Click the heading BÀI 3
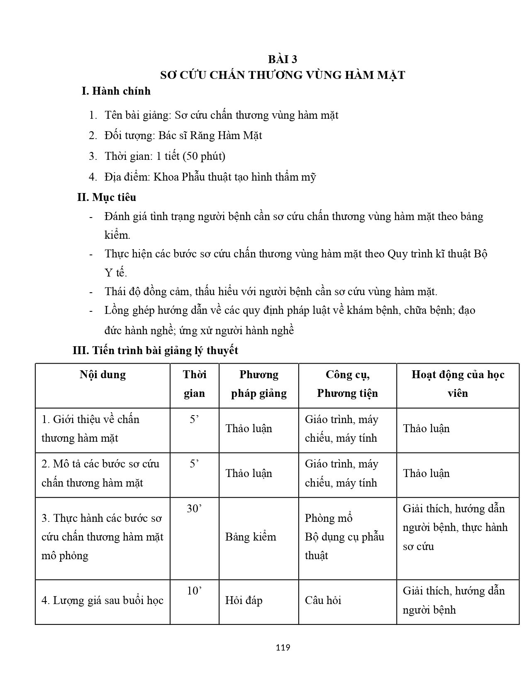(x=282, y=59)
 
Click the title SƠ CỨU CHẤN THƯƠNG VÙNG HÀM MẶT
(x=282, y=75)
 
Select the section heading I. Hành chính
(x=116, y=91)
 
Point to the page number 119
(x=283, y=647)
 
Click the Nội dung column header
(x=102, y=374)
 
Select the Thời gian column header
(x=194, y=384)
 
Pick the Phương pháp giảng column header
(x=258, y=384)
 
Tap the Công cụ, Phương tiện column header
(x=347, y=384)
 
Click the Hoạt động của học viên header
(x=458, y=384)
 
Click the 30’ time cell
(x=194, y=508)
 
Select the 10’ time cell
(x=194, y=590)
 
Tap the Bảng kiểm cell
(x=251, y=537)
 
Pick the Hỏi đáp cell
(x=244, y=600)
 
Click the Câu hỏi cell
(x=323, y=600)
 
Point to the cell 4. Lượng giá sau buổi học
(x=102, y=600)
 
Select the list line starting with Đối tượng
(x=183, y=135)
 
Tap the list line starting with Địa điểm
(x=210, y=177)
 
